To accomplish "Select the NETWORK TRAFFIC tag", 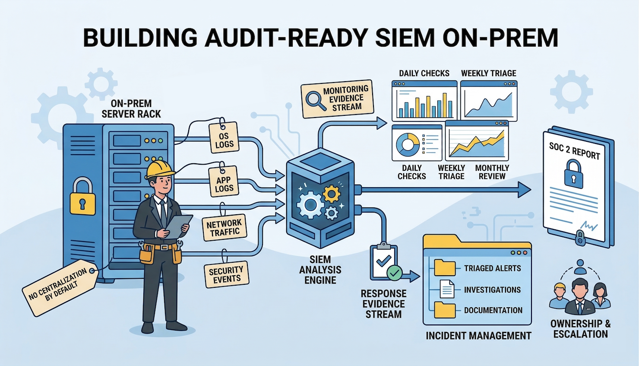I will [x=224, y=228].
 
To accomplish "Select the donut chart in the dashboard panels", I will [x=408, y=144].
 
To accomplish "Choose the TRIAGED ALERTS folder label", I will [x=492, y=268].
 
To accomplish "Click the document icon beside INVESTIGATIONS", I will [x=447, y=289].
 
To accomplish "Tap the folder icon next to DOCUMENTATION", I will [x=445, y=310].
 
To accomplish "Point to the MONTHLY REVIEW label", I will [x=492, y=172].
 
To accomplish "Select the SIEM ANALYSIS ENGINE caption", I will [x=320, y=270].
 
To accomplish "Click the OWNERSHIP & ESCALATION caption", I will [x=580, y=329].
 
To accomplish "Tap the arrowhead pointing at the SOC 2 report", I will [x=524, y=189].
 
